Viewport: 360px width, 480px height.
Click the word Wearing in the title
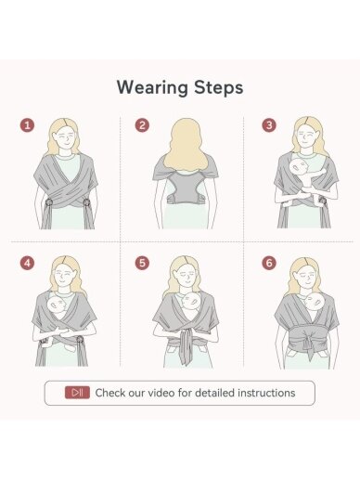[152, 88]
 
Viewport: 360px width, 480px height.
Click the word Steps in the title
[219, 88]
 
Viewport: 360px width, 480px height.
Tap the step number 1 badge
[27, 125]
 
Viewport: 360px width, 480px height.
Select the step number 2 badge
[142, 125]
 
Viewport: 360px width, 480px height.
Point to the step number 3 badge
[269, 125]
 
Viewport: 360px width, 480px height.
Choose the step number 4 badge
[27, 263]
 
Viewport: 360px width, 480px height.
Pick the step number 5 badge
[142, 263]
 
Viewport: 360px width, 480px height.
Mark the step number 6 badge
[269, 263]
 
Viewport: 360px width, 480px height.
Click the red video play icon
[77, 393]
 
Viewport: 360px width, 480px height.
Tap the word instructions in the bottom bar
[266, 393]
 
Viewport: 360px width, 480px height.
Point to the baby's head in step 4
[57, 305]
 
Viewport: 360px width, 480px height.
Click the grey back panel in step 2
[185, 188]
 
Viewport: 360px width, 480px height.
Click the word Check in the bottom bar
[109, 393]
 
